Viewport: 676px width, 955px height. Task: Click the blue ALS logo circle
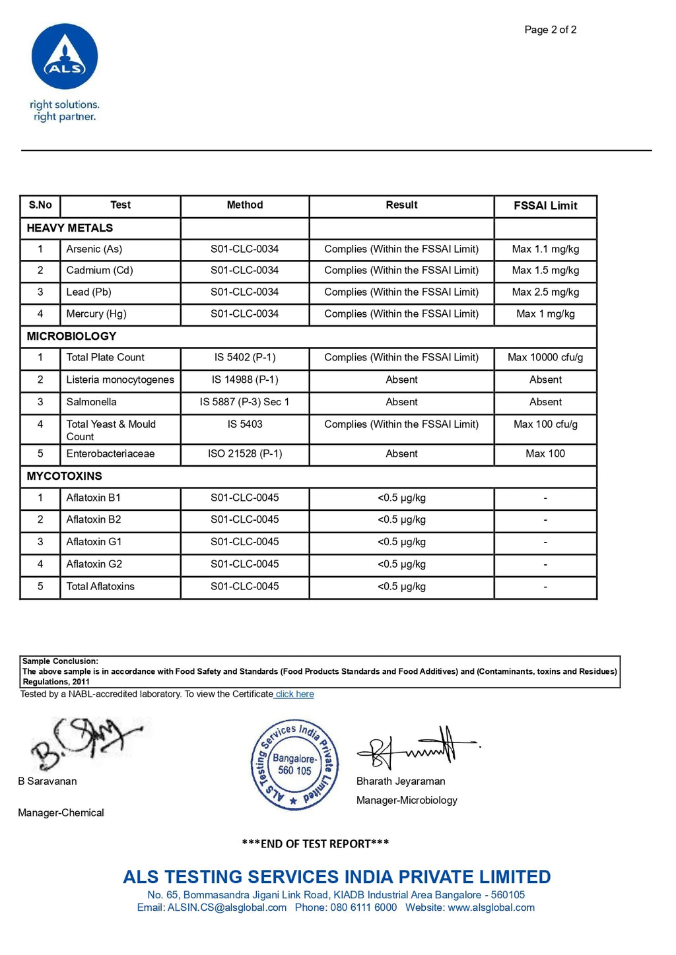click(x=65, y=57)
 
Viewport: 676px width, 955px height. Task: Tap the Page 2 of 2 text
click(x=550, y=30)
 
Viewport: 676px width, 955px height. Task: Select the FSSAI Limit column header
click(x=545, y=206)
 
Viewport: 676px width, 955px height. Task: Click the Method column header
click(x=244, y=205)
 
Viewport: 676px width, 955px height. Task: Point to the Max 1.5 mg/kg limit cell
click(x=545, y=271)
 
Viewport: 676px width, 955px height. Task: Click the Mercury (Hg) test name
click(x=96, y=314)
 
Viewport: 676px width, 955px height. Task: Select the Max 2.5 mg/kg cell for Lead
click(x=545, y=292)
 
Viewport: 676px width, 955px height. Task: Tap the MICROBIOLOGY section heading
click(x=71, y=337)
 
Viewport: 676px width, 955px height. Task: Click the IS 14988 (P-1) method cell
click(x=244, y=380)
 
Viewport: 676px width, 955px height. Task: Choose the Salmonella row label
click(x=91, y=402)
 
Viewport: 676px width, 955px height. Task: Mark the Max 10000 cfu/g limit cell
click(x=545, y=358)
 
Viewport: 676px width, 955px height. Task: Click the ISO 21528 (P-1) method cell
click(x=244, y=454)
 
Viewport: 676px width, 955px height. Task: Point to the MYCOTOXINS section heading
click(x=64, y=477)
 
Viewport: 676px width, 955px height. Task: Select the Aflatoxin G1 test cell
click(x=94, y=542)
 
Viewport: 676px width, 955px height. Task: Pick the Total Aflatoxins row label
click(x=100, y=587)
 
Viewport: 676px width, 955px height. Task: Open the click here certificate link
click(x=294, y=694)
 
